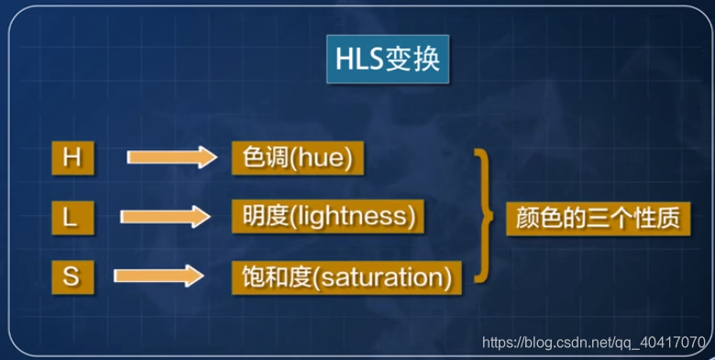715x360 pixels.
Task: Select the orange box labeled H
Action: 71,158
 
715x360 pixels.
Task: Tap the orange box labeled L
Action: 71,218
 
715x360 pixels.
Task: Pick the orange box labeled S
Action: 71,277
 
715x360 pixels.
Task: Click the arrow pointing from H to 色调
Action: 170,157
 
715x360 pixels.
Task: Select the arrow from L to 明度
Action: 165,217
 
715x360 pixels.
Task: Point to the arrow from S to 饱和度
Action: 157,275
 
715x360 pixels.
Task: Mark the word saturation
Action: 389,276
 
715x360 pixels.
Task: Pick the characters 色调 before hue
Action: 258,158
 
